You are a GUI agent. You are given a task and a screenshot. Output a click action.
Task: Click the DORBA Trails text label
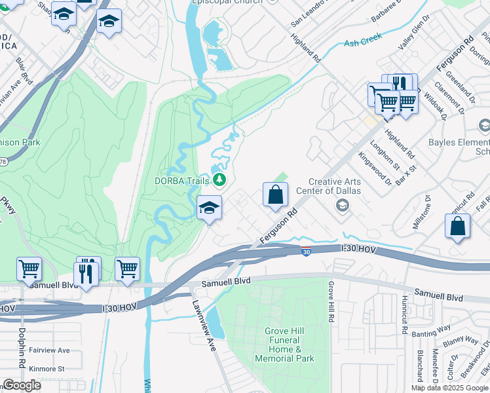(x=181, y=181)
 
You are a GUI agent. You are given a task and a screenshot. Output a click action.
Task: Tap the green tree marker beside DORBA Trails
(x=220, y=179)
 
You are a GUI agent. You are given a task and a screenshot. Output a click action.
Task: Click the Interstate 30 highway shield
(x=306, y=252)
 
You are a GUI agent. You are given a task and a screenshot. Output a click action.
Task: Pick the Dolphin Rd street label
(x=22, y=347)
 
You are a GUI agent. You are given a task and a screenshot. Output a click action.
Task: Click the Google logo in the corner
(x=22, y=385)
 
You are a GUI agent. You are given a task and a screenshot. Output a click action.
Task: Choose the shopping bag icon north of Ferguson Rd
(x=275, y=195)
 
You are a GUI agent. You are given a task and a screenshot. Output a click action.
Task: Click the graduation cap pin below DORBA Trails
(x=210, y=208)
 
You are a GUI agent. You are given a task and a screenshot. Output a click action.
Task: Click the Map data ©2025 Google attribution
(x=449, y=388)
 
